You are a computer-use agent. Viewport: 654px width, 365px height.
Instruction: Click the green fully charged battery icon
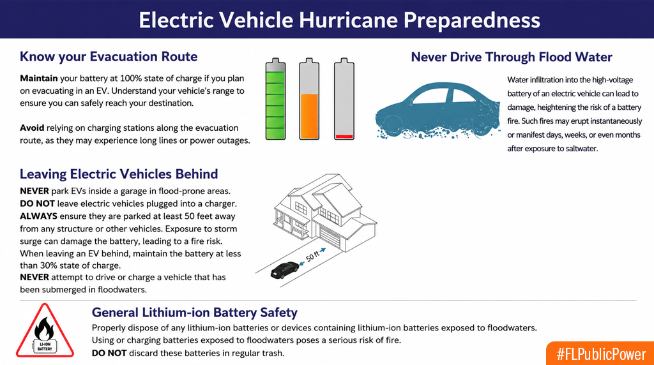coord(276,99)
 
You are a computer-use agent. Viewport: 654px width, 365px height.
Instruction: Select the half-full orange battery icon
coord(309,99)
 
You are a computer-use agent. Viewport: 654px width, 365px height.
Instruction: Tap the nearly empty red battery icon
coord(344,99)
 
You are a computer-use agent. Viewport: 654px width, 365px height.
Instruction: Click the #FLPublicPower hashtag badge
coord(600,354)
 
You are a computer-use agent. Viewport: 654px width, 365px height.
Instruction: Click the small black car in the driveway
coord(284,270)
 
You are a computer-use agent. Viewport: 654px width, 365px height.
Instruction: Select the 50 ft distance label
coord(312,255)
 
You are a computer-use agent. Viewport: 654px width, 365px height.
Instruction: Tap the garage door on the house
coord(330,238)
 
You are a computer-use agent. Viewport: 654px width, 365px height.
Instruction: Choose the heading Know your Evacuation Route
coord(109,57)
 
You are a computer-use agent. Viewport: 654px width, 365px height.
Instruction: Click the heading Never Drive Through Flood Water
coord(512,57)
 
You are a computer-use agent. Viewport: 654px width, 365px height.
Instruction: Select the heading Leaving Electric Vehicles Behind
coord(119,174)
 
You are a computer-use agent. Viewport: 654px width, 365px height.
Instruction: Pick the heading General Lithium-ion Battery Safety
coord(194,313)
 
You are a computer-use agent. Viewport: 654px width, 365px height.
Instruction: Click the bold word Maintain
coord(39,78)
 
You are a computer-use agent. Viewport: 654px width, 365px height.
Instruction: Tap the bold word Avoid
coord(32,128)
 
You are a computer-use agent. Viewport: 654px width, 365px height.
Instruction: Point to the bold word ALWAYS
coord(38,216)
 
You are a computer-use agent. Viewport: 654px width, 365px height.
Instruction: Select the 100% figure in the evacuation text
coord(131,78)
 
